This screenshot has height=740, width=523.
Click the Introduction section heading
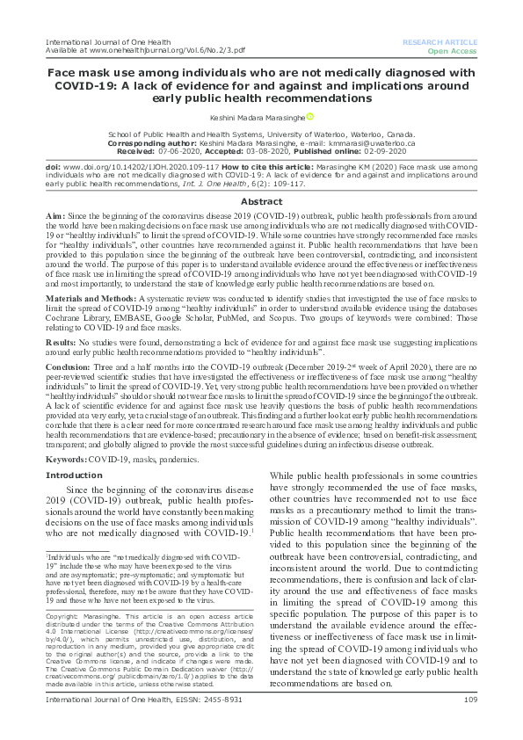[x=73, y=475]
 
